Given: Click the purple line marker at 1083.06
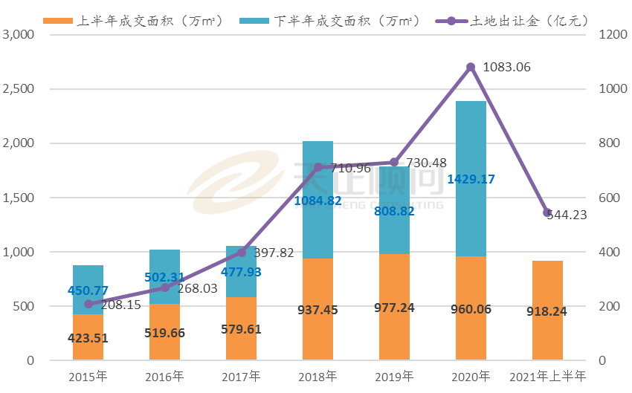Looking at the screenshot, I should [471, 67].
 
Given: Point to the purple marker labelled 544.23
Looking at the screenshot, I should [547, 212].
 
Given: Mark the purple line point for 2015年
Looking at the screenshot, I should [88, 304].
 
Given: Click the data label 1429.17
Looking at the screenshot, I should [471, 180].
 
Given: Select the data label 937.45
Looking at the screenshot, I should [318, 308].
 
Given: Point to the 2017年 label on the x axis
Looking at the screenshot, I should [242, 377].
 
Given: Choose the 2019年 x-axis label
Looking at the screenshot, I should [395, 377].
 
